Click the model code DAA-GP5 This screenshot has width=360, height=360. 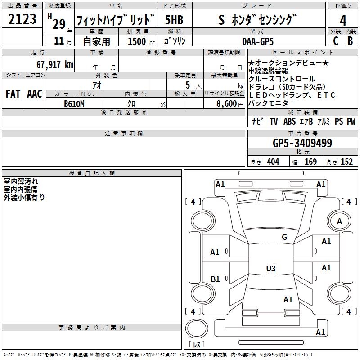257,41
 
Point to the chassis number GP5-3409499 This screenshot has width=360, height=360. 302,144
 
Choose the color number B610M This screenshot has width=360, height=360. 74,104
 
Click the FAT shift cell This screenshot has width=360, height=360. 13,94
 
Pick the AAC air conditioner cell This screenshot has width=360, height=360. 35,94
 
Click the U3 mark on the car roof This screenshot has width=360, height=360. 270,269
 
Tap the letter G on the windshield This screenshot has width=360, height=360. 284,237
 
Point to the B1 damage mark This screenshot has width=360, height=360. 215,279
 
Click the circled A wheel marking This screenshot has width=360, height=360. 339,221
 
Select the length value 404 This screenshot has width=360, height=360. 273,162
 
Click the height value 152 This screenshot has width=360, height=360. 346,162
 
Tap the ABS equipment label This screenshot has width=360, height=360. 289,121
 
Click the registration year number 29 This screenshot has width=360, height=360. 59,23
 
